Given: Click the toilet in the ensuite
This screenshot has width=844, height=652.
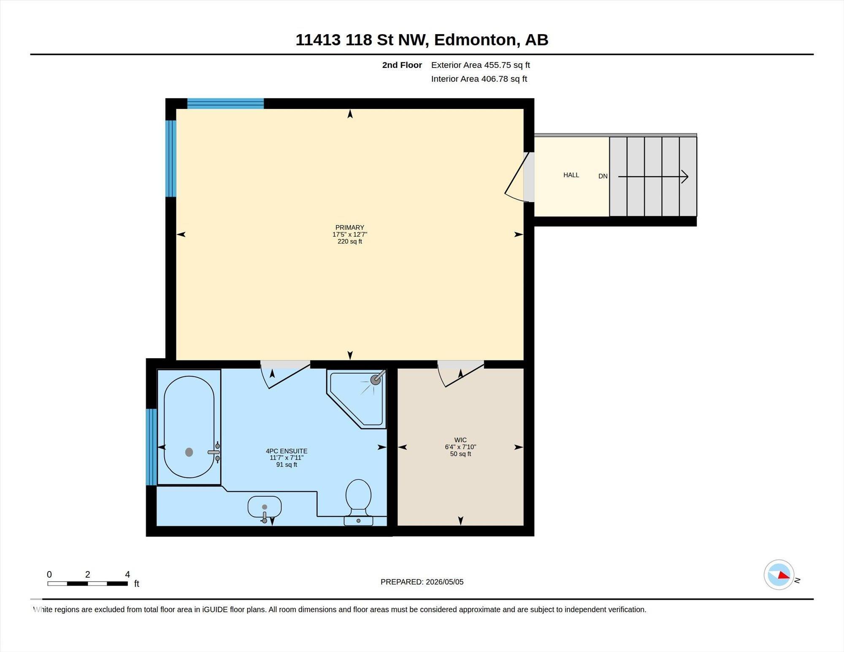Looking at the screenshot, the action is (358, 502).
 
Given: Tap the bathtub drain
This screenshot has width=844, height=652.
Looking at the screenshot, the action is (189, 452).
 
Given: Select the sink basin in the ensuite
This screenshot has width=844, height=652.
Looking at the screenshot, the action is (265, 507).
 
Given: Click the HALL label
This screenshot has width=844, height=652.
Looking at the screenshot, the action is (571, 175).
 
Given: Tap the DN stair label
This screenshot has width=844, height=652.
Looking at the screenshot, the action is (603, 176).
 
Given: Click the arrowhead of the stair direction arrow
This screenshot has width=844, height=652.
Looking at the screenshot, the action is (685, 177).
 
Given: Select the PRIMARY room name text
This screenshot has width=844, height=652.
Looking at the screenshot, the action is (350, 227).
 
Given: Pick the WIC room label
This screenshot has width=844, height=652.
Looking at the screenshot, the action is (460, 440).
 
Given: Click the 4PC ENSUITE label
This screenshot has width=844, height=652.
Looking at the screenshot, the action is (287, 451).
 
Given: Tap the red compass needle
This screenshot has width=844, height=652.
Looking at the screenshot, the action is (784, 575).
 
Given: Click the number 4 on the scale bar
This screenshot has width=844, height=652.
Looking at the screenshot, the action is (127, 574).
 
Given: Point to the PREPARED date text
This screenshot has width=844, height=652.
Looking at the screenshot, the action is (422, 582).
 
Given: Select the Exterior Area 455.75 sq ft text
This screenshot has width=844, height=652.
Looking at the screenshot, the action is (480, 65).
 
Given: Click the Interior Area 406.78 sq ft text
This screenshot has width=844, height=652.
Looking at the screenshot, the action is (479, 79).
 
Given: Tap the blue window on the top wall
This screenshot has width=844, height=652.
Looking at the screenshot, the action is (226, 103).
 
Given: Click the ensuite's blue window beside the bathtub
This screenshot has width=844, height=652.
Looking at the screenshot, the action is (151, 447).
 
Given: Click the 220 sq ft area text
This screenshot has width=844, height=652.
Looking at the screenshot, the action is (350, 242).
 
